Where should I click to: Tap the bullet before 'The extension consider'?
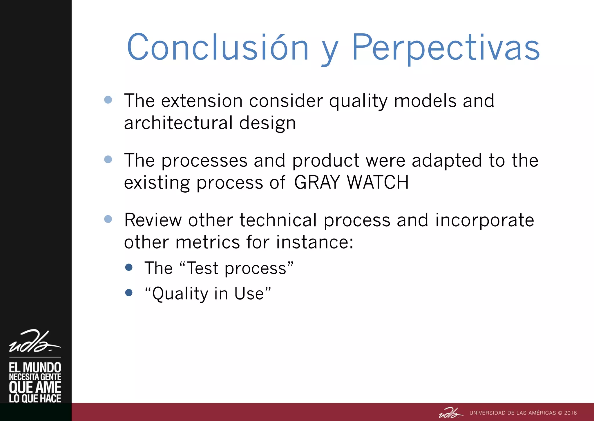tap(108, 100)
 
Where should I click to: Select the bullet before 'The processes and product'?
tap(108, 160)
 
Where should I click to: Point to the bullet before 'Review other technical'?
tap(108, 219)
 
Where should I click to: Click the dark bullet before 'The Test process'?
tap(129, 267)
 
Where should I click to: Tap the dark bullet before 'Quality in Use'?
tap(129, 293)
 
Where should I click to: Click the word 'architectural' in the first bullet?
tap(178, 123)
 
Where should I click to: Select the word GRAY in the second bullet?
tap(317, 182)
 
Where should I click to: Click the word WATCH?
tap(378, 182)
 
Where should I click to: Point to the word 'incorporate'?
tap(484, 220)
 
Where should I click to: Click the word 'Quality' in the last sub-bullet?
tap(180, 293)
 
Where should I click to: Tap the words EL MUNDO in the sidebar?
tap(35, 368)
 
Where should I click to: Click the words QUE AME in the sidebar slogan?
tap(35, 387)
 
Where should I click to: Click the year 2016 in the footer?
tap(570, 413)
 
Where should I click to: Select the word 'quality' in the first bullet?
tap(358, 101)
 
